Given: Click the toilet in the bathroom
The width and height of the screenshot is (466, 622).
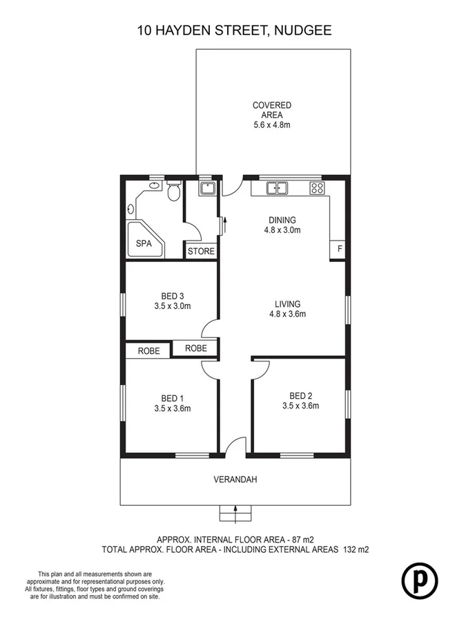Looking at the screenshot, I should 174,191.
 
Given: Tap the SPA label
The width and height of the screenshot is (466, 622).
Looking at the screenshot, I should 143,243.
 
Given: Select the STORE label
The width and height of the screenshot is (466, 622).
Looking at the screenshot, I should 201,252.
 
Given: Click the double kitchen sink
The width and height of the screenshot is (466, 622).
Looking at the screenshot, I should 278,187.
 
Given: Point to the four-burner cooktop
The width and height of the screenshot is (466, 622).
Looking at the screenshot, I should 317,187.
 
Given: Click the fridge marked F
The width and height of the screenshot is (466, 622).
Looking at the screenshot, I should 338,249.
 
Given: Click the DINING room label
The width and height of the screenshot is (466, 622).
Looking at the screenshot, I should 283,221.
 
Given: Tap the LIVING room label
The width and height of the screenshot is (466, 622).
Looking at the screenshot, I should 287,303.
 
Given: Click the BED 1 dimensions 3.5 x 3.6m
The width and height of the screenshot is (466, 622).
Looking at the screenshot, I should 171,408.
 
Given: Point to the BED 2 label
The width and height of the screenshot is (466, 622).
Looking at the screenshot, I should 300,395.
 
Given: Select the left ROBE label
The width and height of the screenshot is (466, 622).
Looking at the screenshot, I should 148,351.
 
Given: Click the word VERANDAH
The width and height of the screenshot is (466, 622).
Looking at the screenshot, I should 235,479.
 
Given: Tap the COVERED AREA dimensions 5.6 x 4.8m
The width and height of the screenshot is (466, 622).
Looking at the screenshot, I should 272,125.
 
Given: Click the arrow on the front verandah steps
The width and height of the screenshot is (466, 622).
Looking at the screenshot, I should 235,512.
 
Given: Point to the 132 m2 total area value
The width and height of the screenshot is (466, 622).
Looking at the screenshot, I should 356,550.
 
